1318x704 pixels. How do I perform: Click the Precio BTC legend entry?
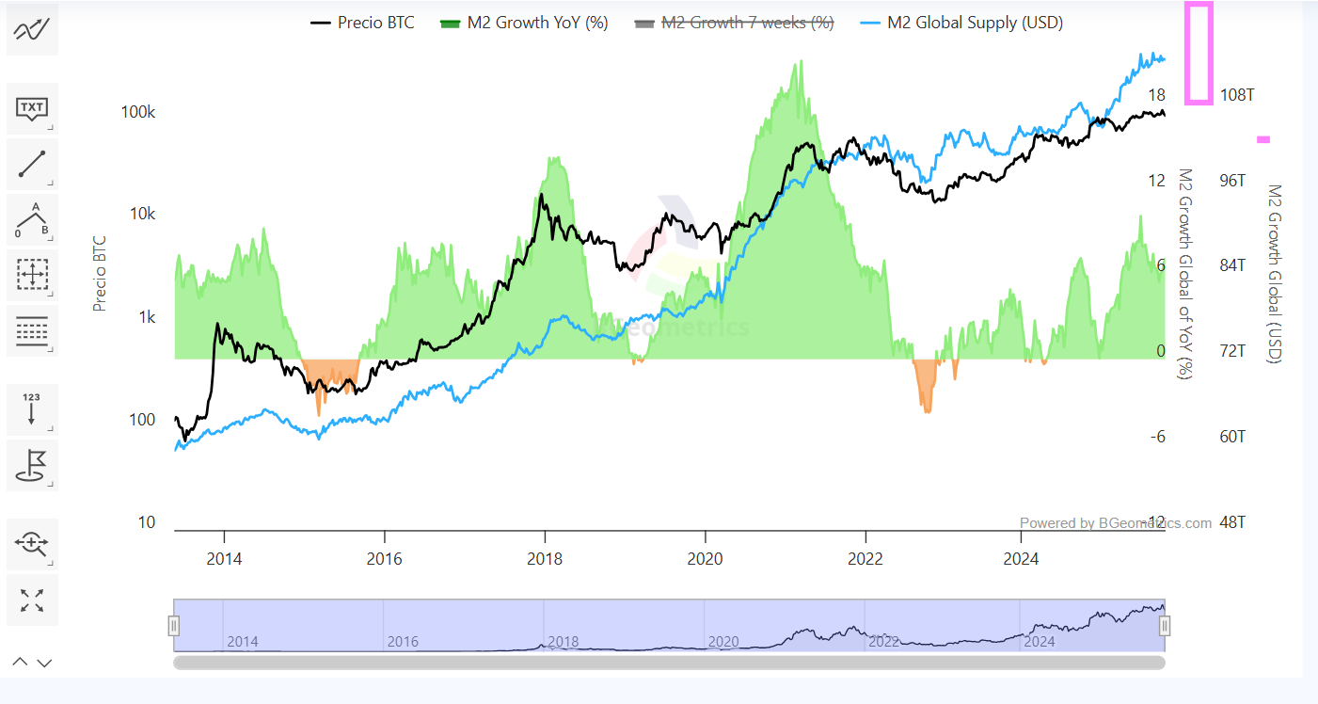[x=362, y=23]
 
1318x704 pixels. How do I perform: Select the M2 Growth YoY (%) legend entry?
[x=524, y=23]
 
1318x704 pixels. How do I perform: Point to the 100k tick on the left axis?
[x=138, y=112]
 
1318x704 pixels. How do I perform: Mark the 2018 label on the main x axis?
[x=545, y=559]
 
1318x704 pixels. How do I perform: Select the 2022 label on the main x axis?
[x=865, y=559]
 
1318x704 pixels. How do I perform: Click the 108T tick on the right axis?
[x=1237, y=95]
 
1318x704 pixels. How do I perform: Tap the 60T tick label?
[x=1232, y=437]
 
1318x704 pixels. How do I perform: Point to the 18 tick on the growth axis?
[x=1157, y=95]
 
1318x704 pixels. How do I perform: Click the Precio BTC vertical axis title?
[x=99, y=274]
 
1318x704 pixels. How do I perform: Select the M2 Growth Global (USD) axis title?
[x=1275, y=273]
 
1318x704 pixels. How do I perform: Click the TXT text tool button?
[x=33, y=109]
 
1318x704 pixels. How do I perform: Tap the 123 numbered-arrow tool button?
[x=33, y=409]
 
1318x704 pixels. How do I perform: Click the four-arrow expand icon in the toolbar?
[x=33, y=600]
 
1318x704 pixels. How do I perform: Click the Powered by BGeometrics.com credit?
[x=1116, y=523]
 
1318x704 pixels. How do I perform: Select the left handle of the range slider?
[x=173, y=625]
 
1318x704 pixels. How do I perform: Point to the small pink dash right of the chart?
[x=1263, y=139]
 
